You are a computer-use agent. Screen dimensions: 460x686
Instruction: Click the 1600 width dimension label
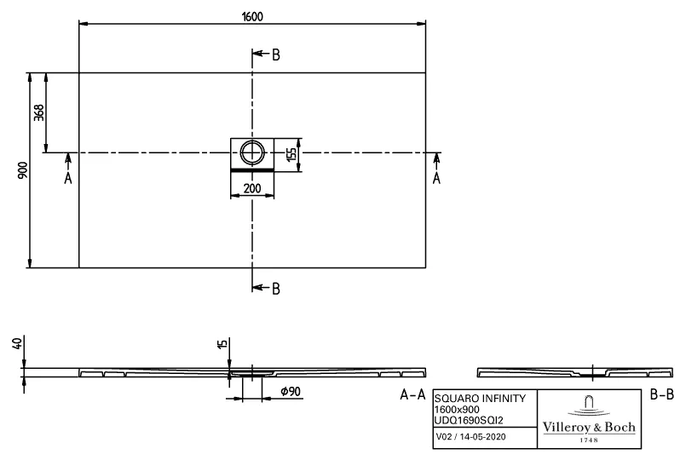click(x=252, y=15)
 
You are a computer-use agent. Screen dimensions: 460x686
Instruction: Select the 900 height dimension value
click(x=23, y=170)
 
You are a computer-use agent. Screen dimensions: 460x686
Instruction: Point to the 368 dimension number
click(x=39, y=112)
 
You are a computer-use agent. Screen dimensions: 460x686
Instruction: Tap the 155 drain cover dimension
click(x=291, y=154)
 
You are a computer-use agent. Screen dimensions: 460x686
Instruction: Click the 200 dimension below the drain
click(x=252, y=188)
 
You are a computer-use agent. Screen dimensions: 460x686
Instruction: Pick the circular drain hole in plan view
click(x=252, y=153)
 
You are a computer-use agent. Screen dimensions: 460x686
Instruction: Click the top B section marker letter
click(x=275, y=56)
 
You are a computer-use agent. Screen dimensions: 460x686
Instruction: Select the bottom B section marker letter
click(x=275, y=289)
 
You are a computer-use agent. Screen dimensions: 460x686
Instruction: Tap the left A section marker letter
click(x=69, y=179)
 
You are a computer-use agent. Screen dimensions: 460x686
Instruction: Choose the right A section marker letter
click(x=437, y=179)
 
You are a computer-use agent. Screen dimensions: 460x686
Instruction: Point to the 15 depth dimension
click(x=222, y=344)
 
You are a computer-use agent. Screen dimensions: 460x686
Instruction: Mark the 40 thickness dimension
click(x=15, y=344)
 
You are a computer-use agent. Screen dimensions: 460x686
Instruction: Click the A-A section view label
click(x=412, y=394)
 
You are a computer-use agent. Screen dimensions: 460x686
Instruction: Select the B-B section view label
click(x=662, y=394)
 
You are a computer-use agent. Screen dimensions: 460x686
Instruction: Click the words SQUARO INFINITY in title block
click(x=475, y=398)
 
